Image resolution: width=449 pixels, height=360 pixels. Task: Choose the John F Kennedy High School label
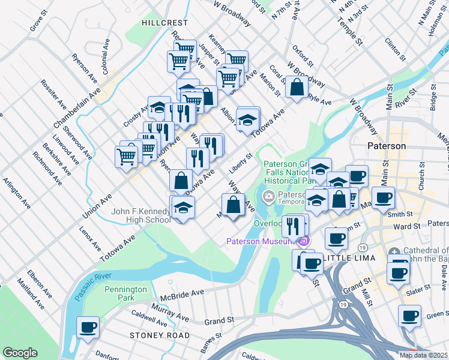140,215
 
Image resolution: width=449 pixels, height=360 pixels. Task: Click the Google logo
20,353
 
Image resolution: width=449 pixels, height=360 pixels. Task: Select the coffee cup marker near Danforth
88,328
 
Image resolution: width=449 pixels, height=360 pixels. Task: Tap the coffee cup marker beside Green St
410,316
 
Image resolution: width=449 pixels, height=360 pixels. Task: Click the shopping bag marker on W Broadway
297,87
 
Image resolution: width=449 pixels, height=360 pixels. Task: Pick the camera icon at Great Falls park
268,196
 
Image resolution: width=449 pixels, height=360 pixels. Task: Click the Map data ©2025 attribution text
424,355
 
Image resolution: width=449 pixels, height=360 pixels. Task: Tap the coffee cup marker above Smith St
382,197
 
